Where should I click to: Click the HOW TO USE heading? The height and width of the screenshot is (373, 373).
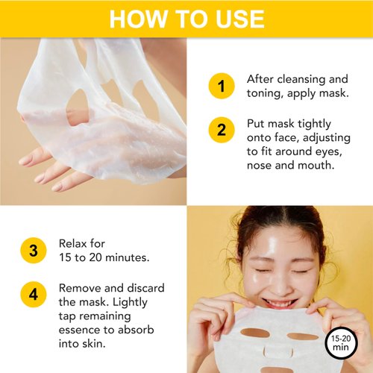click(x=186, y=19)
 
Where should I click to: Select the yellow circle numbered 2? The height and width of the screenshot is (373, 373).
click(x=221, y=131)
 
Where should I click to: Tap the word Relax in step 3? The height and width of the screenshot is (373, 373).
click(x=74, y=244)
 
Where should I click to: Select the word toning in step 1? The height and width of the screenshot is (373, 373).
click(x=264, y=94)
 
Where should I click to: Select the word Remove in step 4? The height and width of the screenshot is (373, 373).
click(x=81, y=288)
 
